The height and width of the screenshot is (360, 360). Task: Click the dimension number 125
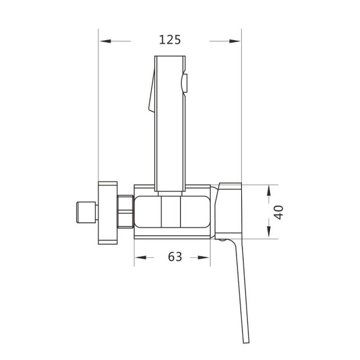point(170,40)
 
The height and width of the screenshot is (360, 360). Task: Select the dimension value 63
point(175,257)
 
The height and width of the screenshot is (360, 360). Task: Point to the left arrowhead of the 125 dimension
point(104,41)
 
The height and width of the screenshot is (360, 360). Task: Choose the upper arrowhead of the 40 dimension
point(269,188)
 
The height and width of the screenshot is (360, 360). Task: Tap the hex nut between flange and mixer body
point(126,212)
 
